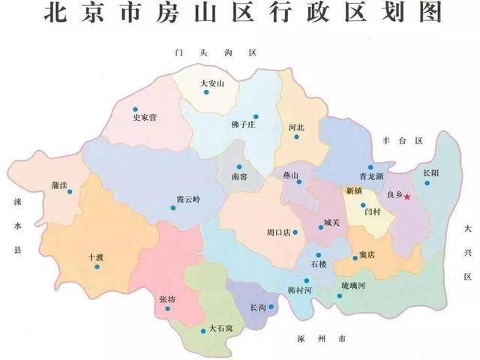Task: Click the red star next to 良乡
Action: point(407,196)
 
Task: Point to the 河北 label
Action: point(296,128)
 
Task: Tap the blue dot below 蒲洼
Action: point(70,191)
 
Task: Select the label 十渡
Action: point(95,256)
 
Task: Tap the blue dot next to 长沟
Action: point(271,306)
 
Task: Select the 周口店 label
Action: point(279,233)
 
